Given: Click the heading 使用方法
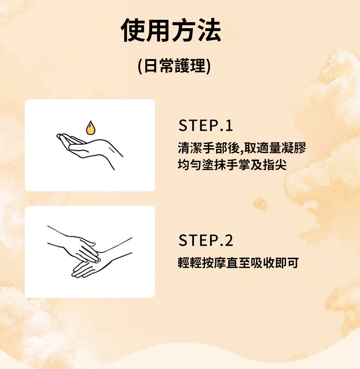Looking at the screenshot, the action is (x=171, y=30).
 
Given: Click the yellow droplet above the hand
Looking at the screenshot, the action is (x=90, y=127).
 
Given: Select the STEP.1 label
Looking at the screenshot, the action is (x=206, y=125).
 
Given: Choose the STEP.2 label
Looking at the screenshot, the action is (x=206, y=240).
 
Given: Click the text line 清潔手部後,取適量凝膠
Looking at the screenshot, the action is (x=242, y=148).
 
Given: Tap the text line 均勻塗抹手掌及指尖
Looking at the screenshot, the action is (x=232, y=164).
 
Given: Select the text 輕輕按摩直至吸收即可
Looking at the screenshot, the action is (x=238, y=263).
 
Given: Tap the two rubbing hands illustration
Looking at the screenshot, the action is (x=89, y=252).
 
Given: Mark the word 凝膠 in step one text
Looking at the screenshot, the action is (x=294, y=148).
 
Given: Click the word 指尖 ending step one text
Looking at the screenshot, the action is (x=275, y=164).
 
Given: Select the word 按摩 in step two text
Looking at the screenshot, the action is (x=214, y=263).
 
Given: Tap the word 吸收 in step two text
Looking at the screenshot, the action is (x=262, y=263).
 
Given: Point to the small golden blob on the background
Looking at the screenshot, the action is (x=260, y=203).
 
